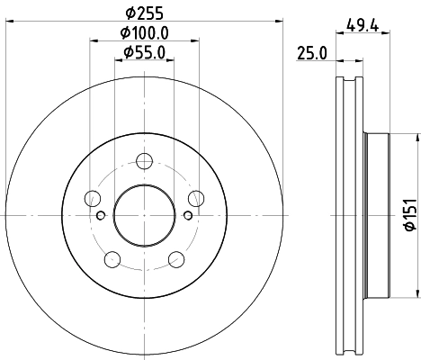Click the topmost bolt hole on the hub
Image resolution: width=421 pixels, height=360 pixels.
[144, 162]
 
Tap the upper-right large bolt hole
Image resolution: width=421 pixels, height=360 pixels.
[195, 199]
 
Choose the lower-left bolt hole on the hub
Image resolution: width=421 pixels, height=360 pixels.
[112, 259]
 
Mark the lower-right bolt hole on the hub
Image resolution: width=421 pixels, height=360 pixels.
[175, 259]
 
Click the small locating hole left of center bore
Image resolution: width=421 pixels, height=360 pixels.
[100, 214]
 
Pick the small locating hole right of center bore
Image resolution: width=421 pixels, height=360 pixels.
[187, 214]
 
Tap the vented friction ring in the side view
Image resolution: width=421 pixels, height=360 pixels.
[350, 215]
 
